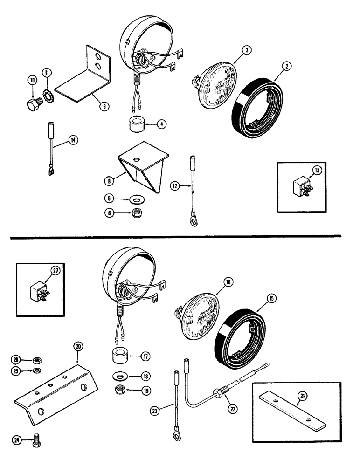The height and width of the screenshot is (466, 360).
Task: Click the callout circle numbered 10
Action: click(x=32, y=81)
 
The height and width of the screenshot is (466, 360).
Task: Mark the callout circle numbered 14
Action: click(x=73, y=138)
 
